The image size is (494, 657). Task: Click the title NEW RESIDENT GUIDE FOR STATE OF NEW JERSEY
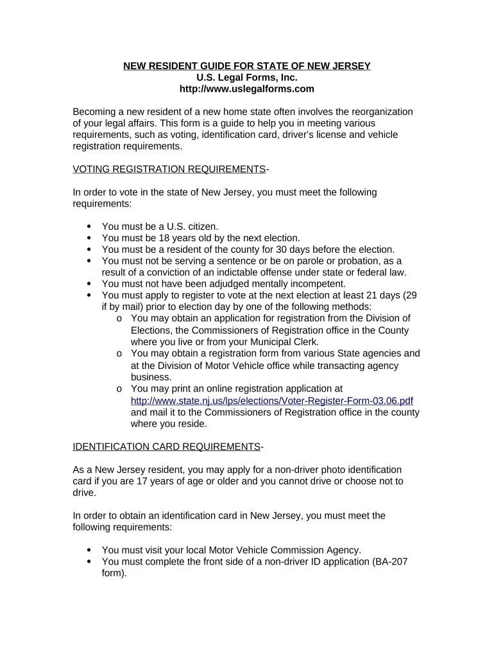[247, 66]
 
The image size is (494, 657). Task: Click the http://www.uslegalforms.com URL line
[247, 89]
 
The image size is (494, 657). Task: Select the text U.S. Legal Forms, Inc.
[247, 78]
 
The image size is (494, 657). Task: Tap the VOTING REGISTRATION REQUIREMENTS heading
[169, 169]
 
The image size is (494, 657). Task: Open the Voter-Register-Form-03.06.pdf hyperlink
[272, 400]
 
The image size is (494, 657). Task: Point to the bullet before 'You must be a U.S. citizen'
[89, 226]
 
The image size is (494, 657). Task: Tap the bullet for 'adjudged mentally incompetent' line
[89, 284]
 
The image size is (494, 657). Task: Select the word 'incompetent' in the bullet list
[318, 284]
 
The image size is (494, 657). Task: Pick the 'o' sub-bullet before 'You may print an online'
[120, 389]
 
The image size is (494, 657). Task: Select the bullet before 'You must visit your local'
[89, 550]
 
